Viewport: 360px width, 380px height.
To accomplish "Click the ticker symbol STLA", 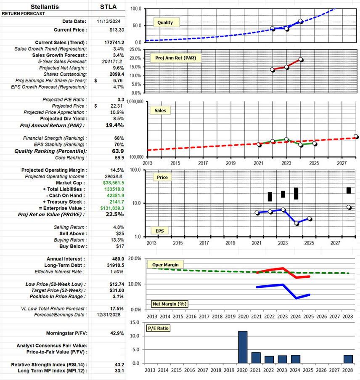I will (x=109, y=7).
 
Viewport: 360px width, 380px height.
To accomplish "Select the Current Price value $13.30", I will (x=116, y=30).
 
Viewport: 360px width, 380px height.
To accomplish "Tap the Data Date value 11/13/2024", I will (x=110, y=21).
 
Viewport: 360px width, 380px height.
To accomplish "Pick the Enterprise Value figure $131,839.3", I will (x=112, y=208).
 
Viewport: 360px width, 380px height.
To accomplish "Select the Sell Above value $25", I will (x=119, y=234).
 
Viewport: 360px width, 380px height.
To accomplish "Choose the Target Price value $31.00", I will (x=116, y=291).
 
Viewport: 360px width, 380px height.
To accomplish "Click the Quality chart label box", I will (x=168, y=22).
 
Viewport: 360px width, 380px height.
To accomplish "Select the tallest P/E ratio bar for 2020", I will (x=243, y=347).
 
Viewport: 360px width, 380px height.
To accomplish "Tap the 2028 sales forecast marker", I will (x=355, y=136).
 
